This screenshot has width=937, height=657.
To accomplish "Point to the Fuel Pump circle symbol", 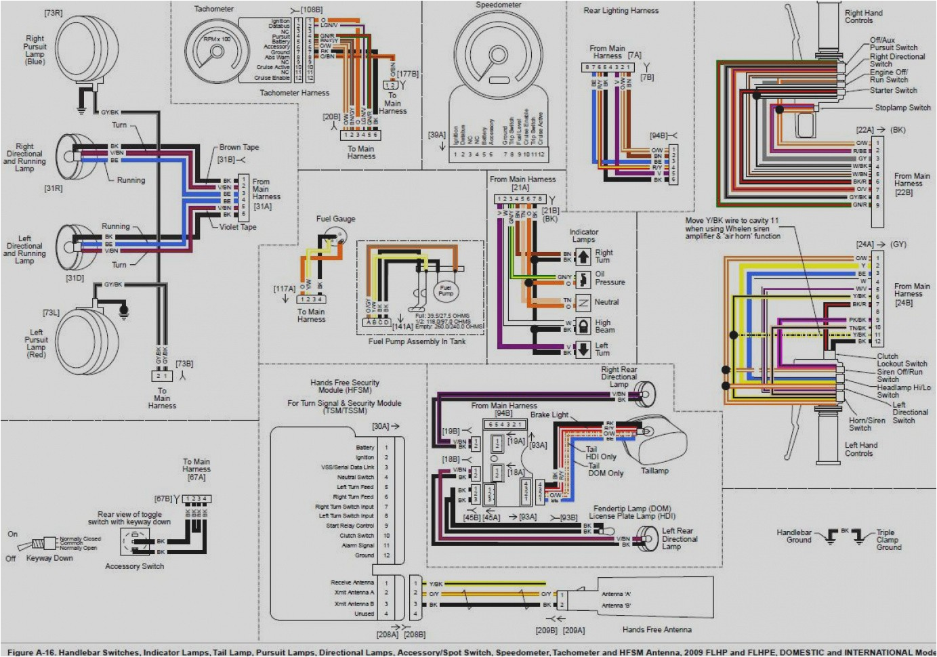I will (x=445, y=291).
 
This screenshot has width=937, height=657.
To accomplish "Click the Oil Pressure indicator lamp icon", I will (x=583, y=278).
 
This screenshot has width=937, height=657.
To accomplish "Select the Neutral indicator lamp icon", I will (x=583, y=302).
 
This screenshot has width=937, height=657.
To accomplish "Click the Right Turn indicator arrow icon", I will (x=583, y=257).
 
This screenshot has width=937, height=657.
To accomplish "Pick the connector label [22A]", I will (x=865, y=129).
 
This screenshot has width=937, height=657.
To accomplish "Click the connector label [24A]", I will (x=865, y=245).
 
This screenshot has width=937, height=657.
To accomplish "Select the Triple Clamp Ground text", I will (x=888, y=540).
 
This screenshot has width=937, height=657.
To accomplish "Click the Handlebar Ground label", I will (x=795, y=536).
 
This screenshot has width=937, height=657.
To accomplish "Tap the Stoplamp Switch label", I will (x=902, y=108).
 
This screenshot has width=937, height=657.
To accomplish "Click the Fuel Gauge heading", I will (x=335, y=219).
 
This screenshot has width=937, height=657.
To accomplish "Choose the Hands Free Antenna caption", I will (x=657, y=630).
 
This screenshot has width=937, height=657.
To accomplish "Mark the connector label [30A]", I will (x=381, y=427).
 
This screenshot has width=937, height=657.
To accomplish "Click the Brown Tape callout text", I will (x=238, y=147).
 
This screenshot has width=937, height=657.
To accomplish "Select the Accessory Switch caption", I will (x=134, y=566).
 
